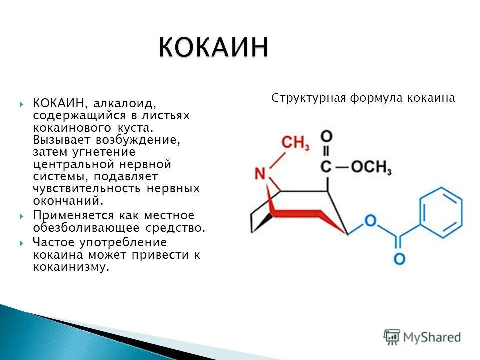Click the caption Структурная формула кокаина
[363, 98]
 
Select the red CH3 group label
[296, 144]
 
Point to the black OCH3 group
[371, 167]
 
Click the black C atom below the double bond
[326, 168]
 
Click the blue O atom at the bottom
[399, 259]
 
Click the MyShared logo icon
[392, 337]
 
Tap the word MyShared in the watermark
[433, 338]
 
